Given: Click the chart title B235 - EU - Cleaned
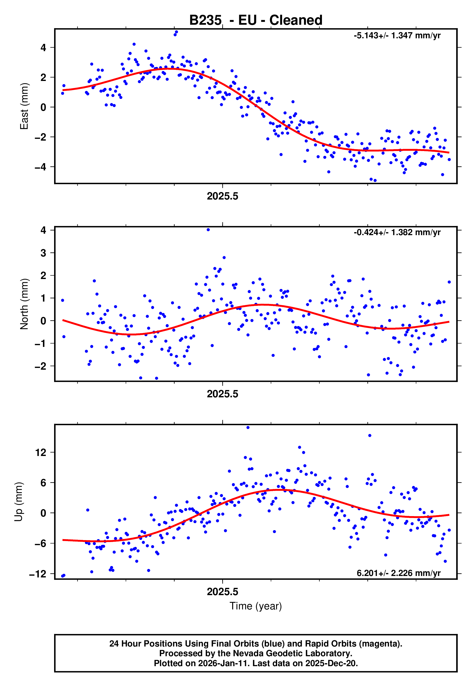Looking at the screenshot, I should click(x=256, y=20).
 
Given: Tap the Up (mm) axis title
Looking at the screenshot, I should click(x=18, y=502).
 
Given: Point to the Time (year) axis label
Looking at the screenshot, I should click(x=256, y=606).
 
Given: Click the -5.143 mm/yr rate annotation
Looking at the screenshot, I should click(x=397, y=36).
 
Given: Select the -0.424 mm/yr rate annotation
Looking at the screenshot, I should click(x=397, y=232).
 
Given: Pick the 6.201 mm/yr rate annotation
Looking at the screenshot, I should click(x=398, y=573).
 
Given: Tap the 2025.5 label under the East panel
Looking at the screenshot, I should click(x=222, y=196).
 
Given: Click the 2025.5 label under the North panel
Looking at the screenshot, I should click(x=222, y=394).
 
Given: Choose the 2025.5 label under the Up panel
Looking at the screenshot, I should click(x=222, y=592).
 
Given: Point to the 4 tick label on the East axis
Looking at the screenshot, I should click(x=43, y=48).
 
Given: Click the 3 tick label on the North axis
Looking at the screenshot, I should click(x=43, y=253).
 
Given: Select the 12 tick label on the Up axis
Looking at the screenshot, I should click(x=41, y=453).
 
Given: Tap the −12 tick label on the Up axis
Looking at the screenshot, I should click(x=38, y=574).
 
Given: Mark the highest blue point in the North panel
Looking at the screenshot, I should click(x=208, y=230).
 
